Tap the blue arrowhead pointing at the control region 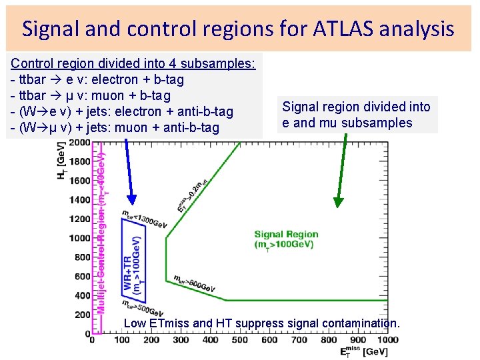coord(132,199)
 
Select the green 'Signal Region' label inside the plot coord(286,234)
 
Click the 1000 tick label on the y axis coord(79,238)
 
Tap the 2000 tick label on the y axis coord(79,143)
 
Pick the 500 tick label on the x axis coord(240,340)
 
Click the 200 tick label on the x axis coord(151,340)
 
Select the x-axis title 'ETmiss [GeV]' coord(363,351)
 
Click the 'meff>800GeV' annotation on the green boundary coord(194,283)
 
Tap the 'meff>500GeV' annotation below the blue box coord(142,307)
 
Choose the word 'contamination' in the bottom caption coord(359,323)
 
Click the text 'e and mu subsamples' coord(347,123)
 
